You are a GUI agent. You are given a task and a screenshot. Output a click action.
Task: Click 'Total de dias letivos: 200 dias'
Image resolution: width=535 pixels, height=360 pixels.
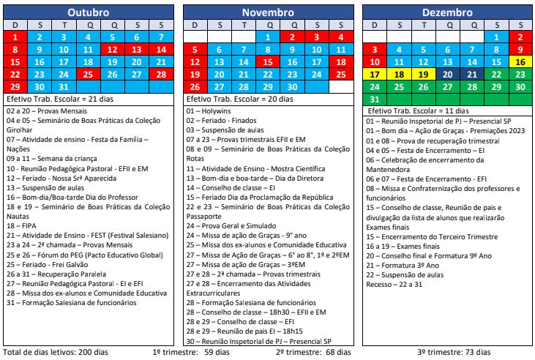click(55, 353)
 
